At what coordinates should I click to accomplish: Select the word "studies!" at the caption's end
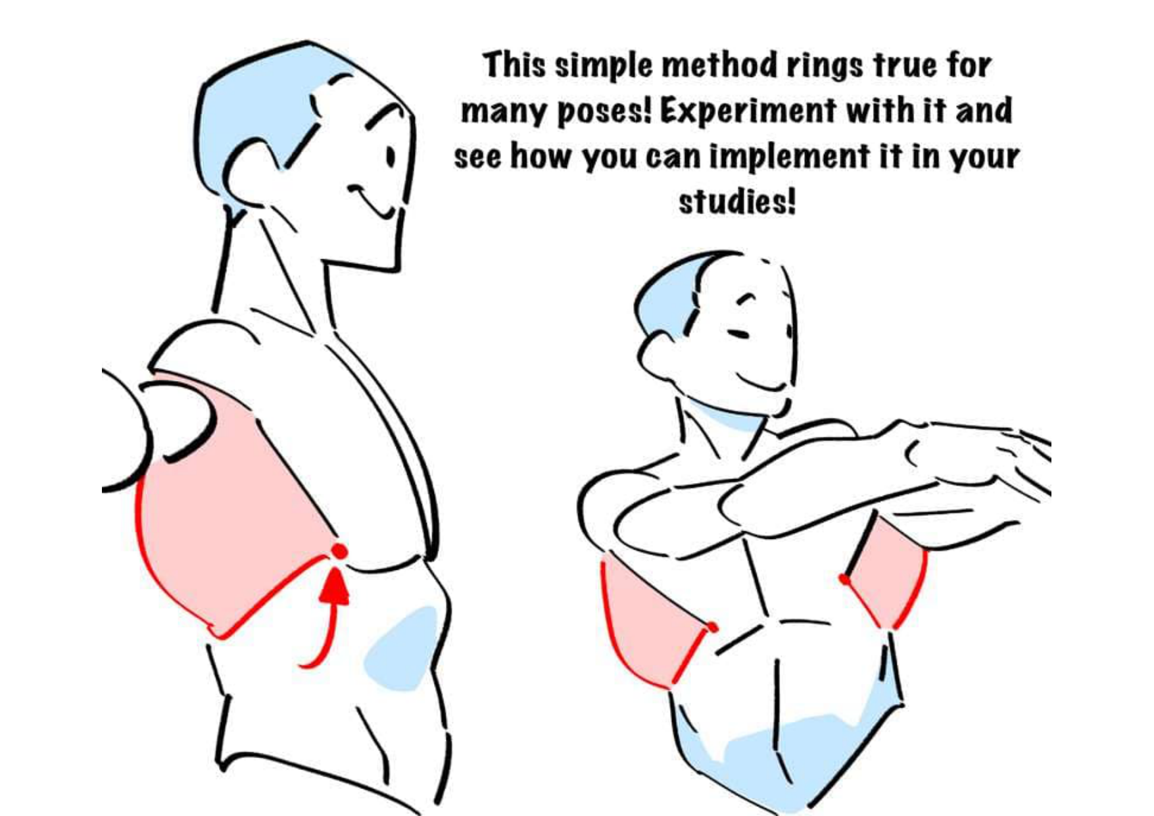pyautogui.click(x=738, y=201)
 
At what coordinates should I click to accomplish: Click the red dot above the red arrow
pyautogui.click(x=339, y=551)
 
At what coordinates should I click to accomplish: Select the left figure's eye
pyautogui.click(x=391, y=157)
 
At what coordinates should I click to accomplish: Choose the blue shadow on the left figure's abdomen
pyautogui.click(x=401, y=648)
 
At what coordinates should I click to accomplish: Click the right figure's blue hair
pyautogui.click(x=671, y=290)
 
